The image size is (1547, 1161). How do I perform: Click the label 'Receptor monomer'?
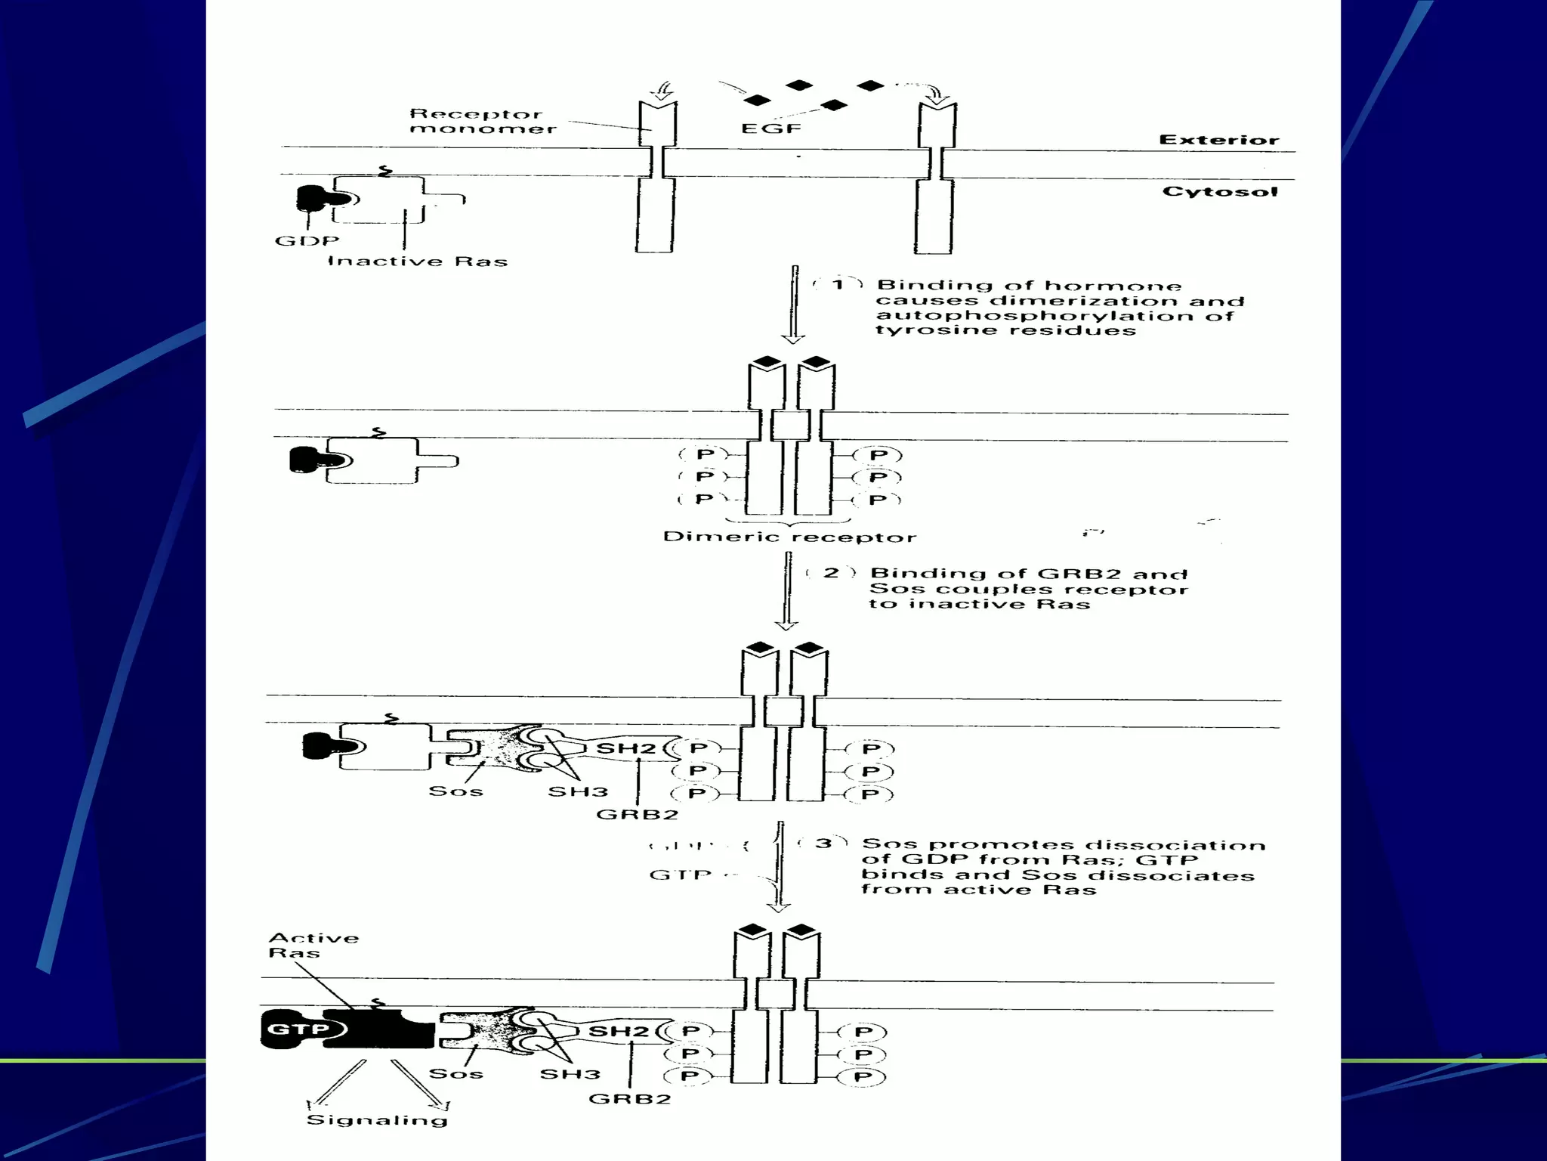[482, 121]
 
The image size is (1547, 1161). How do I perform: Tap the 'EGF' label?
[770, 128]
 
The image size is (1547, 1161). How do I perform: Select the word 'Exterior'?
[1218, 140]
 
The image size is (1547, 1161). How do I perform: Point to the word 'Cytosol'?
[1219, 191]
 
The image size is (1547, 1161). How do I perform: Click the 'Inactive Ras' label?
[417, 262]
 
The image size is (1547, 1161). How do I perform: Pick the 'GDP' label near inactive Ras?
[307, 241]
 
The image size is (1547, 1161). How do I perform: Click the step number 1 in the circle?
[838, 285]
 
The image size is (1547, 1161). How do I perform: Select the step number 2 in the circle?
[831, 573]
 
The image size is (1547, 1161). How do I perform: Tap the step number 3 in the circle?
[823, 843]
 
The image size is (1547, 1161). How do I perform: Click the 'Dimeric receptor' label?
[789, 537]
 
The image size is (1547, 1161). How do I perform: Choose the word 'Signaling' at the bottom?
[377, 1119]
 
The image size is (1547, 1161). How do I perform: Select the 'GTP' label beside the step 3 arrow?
[680, 875]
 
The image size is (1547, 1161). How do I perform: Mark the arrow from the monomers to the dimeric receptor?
[793, 302]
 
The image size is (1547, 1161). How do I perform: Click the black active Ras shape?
[378, 1028]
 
